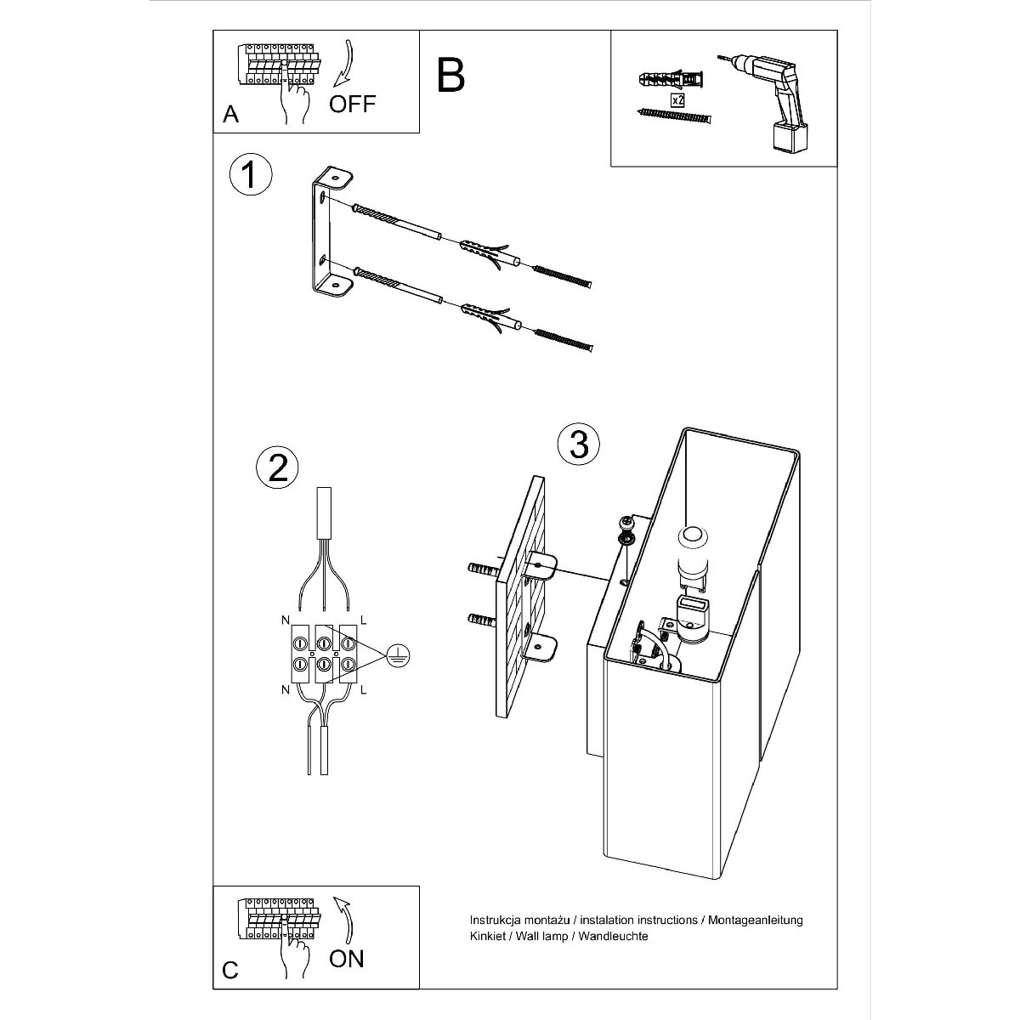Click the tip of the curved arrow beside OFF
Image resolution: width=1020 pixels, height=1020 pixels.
(334, 87)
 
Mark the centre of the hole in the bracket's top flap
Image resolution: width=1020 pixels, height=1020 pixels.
(335, 175)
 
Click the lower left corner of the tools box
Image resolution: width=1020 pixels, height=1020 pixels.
(611, 167)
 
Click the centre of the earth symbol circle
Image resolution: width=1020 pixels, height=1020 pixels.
(399, 657)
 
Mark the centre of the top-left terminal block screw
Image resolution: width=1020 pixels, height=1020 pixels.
(299, 643)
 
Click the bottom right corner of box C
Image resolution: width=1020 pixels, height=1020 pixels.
(419, 989)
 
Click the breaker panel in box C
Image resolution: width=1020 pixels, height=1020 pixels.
(279, 918)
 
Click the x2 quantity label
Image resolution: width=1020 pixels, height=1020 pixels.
(677, 100)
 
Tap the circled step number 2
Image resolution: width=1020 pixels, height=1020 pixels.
(277, 467)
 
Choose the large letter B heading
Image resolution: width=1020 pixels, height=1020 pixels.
(450, 75)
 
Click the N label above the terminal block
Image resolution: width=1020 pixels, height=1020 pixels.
(286, 620)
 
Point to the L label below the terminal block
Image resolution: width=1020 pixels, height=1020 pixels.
(363, 689)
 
